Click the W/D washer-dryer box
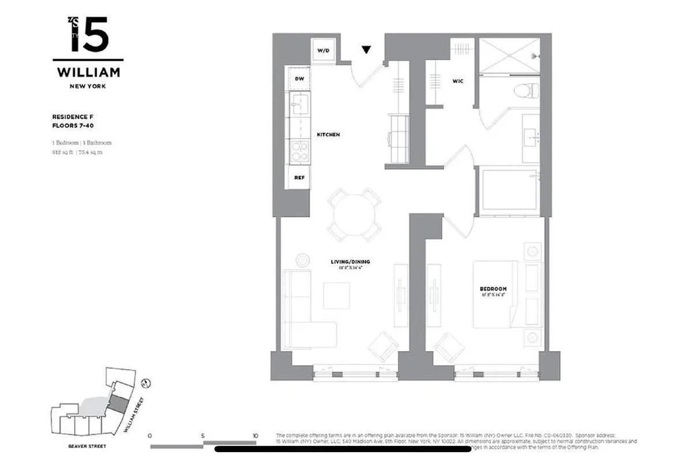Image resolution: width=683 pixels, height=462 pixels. tap(323, 51)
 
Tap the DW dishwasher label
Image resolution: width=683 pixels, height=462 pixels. tap(299, 79)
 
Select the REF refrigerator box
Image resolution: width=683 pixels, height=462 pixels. tap(299, 178)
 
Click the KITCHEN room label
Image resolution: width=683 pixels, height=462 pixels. tap(328, 135)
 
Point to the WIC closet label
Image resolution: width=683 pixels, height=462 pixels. tap(458, 81)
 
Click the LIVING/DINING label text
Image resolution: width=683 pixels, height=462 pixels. tap(350, 262)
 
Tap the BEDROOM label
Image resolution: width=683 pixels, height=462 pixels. tap(493, 289)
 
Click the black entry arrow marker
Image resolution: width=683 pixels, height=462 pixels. tap(366, 50)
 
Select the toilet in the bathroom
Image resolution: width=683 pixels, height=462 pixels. tap(526, 90)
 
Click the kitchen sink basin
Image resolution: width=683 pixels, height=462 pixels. tap(299, 105)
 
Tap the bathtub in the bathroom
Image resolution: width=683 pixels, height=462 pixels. tap(510, 191)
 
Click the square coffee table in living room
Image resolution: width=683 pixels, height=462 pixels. tap(336, 295)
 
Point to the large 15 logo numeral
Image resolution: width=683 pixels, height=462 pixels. tap(89, 36)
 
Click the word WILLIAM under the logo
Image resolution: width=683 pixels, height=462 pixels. tap(88, 73)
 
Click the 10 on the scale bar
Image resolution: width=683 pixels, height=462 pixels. tap(255, 436)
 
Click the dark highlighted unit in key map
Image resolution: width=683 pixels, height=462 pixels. tap(118, 404)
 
